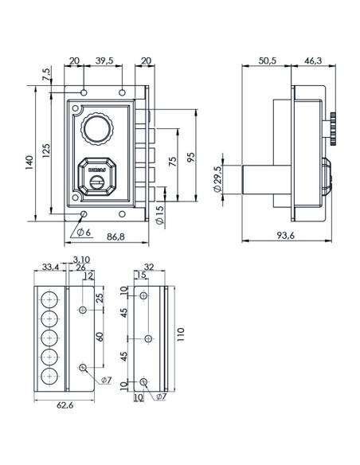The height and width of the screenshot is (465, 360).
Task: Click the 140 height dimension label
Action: click(x=29, y=162)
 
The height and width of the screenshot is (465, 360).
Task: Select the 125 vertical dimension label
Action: click(x=46, y=150)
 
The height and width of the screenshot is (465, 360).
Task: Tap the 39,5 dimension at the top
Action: click(x=104, y=61)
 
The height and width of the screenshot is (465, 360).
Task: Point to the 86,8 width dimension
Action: click(x=116, y=236)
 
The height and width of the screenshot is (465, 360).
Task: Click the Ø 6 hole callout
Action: click(x=84, y=232)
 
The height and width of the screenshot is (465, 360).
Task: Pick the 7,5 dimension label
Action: click(x=47, y=73)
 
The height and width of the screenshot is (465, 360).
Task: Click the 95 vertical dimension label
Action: click(x=191, y=157)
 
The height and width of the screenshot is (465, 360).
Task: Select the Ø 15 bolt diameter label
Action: click(x=159, y=215)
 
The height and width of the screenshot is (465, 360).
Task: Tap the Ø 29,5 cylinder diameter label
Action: click(x=217, y=179)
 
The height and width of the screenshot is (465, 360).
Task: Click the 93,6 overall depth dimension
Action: click(x=286, y=236)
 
